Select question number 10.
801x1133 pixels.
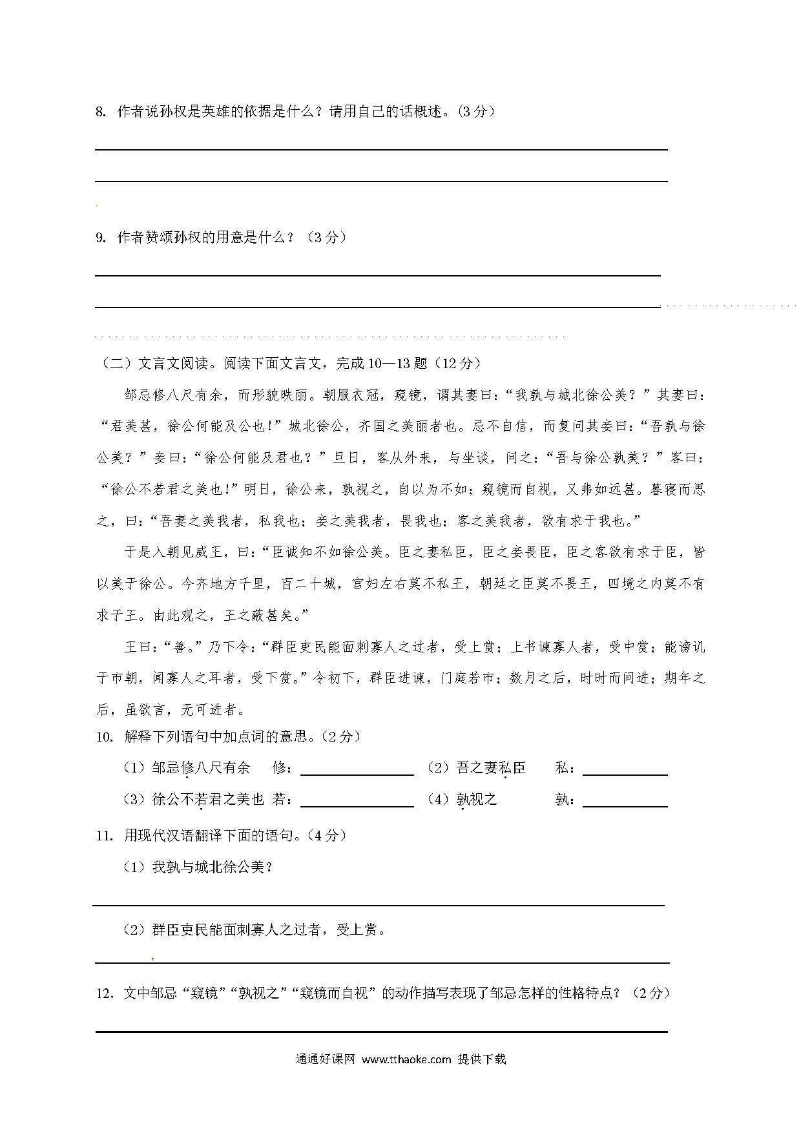(104, 736)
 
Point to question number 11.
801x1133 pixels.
(104, 835)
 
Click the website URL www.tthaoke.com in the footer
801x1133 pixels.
(406, 1059)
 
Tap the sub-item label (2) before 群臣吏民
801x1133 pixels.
(134, 930)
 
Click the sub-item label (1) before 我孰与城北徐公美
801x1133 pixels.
(134, 868)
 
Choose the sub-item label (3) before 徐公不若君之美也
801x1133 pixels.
(134, 800)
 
